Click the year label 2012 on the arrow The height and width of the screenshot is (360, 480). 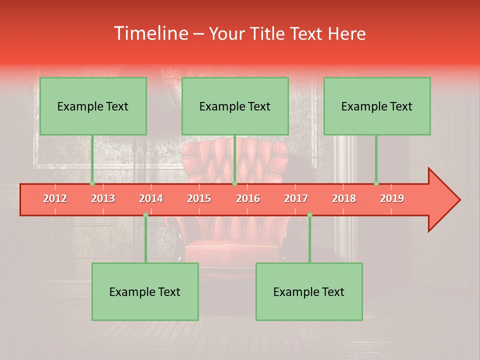[55, 198]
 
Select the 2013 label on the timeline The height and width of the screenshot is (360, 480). [103, 198]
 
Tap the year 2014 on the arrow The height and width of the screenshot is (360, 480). [151, 198]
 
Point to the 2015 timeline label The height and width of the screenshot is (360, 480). [199, 198]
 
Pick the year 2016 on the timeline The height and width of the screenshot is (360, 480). [248, 198]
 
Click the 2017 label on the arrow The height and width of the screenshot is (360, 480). [296, 198]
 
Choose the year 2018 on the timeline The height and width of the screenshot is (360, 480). [344, 198]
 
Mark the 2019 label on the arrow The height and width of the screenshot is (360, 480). [392, 198]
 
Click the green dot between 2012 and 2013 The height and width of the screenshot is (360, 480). [92, 183]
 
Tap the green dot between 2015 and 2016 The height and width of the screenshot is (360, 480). [234, 183]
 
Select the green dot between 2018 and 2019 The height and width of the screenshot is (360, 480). [376, 183]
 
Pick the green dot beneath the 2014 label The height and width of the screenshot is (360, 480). [145, 214]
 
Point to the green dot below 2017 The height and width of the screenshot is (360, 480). [309, 214]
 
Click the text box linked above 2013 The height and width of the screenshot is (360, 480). [93, 106]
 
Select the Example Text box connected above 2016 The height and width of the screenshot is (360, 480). [235, 106]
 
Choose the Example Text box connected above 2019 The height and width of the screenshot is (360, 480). [377, 106]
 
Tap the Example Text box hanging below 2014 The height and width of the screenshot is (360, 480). [145, 291]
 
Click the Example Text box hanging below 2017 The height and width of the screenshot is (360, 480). [309, 291]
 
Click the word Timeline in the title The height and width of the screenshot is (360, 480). [150, 33]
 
